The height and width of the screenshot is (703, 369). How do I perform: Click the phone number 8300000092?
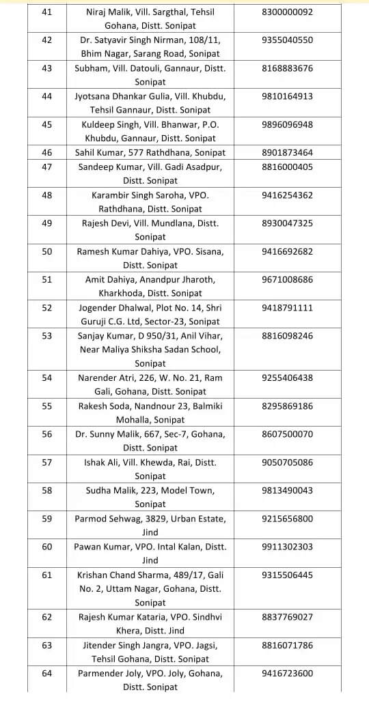[287, 12]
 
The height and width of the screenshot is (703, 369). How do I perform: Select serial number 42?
[47, 40]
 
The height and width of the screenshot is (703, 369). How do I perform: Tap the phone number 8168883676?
[287, 68]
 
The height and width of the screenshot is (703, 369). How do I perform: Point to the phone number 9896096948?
[287, 125]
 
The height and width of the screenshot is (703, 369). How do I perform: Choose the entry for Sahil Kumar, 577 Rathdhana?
[150, 153]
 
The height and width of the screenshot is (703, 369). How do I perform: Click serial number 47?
[47, 167]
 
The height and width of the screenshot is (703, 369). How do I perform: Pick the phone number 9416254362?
[287, 195]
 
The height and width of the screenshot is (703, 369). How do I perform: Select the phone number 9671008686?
[287, 280]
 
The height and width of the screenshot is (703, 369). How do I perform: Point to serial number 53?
[47, 336]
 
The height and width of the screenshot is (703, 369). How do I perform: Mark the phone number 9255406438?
[287, 378]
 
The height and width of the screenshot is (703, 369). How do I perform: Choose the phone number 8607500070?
[287, 434]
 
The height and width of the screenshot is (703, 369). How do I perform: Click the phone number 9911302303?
[287, 547]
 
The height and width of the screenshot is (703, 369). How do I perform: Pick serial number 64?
[47, 674]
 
